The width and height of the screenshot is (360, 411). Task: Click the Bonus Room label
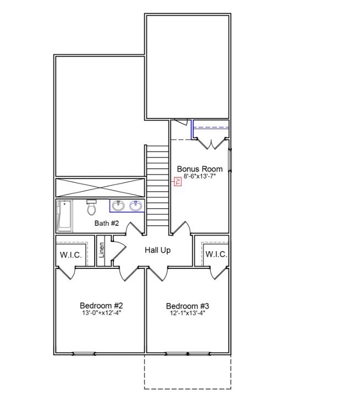pos(199,169)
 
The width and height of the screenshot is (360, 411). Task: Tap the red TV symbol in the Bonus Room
pos(177,181)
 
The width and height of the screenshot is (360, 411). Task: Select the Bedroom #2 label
pos(101,306)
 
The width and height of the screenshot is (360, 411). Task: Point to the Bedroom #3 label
pos(187,306)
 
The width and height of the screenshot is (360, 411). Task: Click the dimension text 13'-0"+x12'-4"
pos(101,313)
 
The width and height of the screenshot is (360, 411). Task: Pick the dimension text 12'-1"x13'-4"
pos(187,313)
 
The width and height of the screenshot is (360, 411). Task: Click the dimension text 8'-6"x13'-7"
pos(199,177)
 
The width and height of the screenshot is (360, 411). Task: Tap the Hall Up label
pos(157,250)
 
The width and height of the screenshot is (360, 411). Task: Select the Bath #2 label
pos(107,223)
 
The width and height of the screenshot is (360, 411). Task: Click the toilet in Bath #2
pos(91,208)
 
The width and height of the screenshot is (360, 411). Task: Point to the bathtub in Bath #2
pos(64,216)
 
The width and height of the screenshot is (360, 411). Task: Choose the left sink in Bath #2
pos(118,206)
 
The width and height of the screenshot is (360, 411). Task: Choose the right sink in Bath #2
pos(135,206)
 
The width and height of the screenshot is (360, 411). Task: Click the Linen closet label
pos(102,251)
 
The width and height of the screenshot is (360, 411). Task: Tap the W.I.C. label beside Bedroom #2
pos(70,255)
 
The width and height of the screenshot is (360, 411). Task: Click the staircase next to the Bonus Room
pos(157,185)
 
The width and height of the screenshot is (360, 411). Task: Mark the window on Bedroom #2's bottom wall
pos(84,354)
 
